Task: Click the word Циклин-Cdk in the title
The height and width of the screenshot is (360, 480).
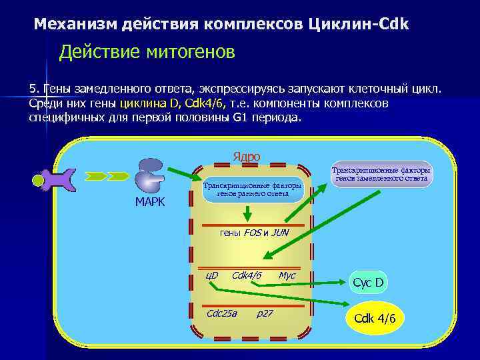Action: pyautogui.click(x=360, y=24)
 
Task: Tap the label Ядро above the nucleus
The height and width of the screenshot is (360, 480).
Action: pyautogui.click(x=246, y=157)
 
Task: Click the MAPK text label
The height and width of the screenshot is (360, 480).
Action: pyautogui.click(x=150, y=202)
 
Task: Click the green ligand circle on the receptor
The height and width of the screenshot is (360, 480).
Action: pyautogui.click(x=39, y=180)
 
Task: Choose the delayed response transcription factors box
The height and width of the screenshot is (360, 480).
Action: pyautogui.click(x=381, y=175)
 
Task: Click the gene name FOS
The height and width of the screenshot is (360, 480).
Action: pyautogui.click(x=253, y=233)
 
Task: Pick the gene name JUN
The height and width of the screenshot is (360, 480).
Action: pyautogui.click(x=280, y=233)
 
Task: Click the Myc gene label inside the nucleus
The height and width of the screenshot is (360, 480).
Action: pyautogui.click(x=287, y=275)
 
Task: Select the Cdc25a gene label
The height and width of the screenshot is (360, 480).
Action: pyautogui.click(x=222, y=313)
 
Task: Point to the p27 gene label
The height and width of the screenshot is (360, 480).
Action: pyautogui.click(x=265, y=313)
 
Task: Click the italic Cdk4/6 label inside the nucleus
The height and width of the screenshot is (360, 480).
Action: pyautogui.click(x=246, y=275)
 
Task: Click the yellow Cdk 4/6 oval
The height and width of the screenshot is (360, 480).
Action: pyautogui.click(x=375, y=319)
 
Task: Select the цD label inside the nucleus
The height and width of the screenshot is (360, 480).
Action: pyautogui.click(x=212, y=275)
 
